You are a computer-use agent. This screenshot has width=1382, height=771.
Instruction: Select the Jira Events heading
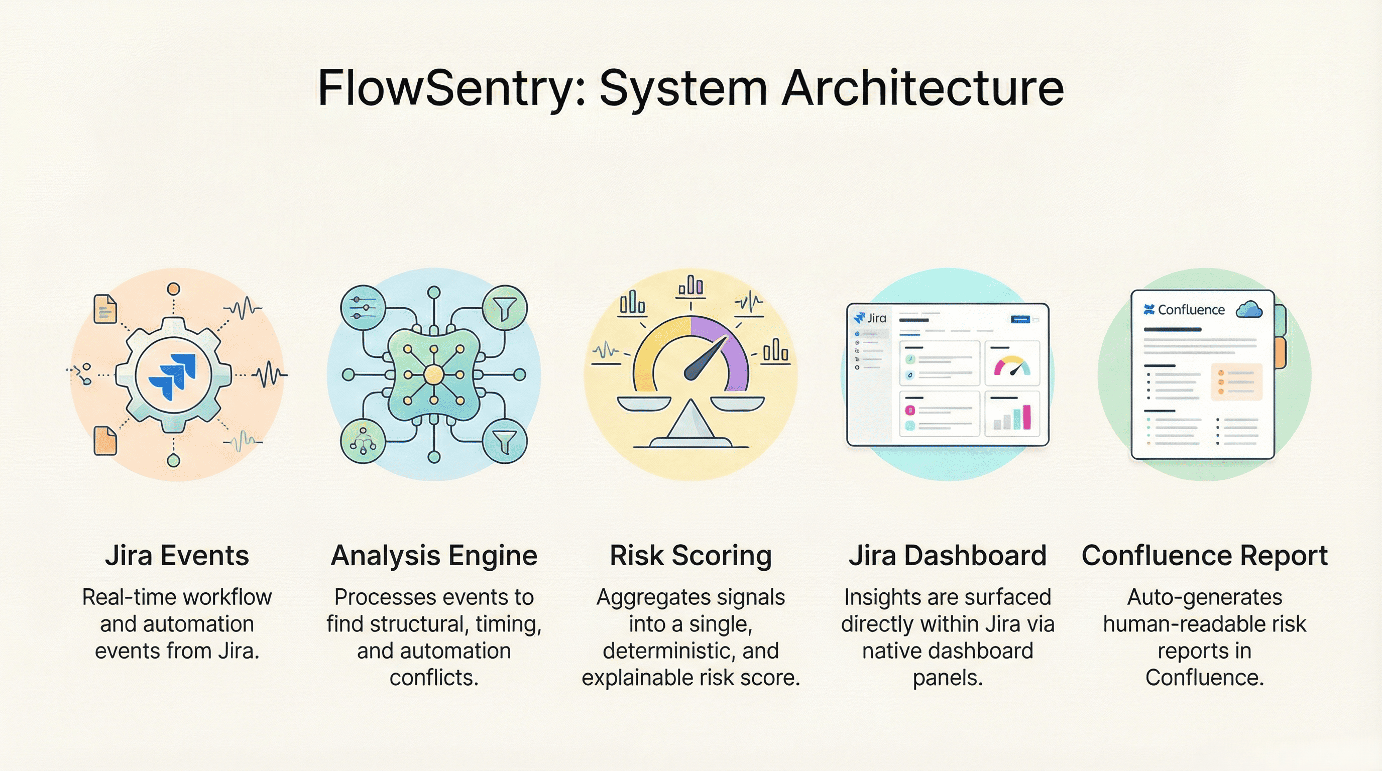coord(177,556)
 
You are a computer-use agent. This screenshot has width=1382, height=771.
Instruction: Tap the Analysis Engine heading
coord(434,556)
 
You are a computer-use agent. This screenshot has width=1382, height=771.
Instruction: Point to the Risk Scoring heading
coord(690,556)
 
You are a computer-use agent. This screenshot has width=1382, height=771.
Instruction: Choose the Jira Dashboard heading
coord(948,556)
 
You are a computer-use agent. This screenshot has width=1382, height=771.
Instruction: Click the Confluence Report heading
coord(1204,556)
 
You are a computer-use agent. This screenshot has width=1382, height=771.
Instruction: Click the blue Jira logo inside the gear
coord(173,375)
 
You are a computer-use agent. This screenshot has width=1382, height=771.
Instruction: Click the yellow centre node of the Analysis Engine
coord(433,375)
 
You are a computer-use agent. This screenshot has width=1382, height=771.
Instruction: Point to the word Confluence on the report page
coord(1191,310)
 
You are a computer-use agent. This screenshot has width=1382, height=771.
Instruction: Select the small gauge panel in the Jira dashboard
coord(1012,363)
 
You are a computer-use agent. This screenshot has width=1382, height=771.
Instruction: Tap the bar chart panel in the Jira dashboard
coord(1012,414)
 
